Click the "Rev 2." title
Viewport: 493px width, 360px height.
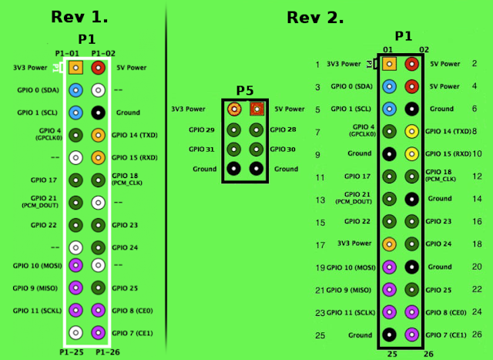pyautogui.click(x=315, y=17)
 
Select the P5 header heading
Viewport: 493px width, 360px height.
pyautogui.click(x=245, y=90)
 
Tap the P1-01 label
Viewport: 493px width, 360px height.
pyautogui.click(x=67, y=52)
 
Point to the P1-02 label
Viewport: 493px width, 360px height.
pyautogui.click(x=103, y=52)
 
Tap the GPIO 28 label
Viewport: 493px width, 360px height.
pyautogui.click(x=283, y=130)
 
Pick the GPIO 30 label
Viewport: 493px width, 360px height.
pyautogui.click(x=283, y=149)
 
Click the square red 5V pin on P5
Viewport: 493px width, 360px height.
pyautogui.click(x=257, y=110)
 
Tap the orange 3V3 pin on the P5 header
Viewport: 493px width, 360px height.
pyautogui.click(x=233, y=110)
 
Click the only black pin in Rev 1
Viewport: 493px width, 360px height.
pyautogui.click(x=98, y=112)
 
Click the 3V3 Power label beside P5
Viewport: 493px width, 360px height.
pyautogui.click(x=188, y=109)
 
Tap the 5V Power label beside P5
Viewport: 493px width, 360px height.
pyautogui.click(x=289, y=109)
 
